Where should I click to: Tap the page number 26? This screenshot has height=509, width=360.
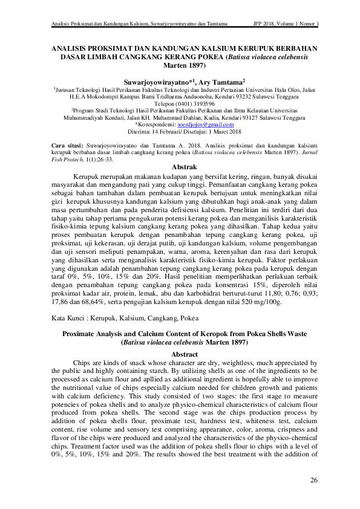coord(313,480)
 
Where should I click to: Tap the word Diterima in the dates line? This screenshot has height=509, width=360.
coord(140,131)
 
